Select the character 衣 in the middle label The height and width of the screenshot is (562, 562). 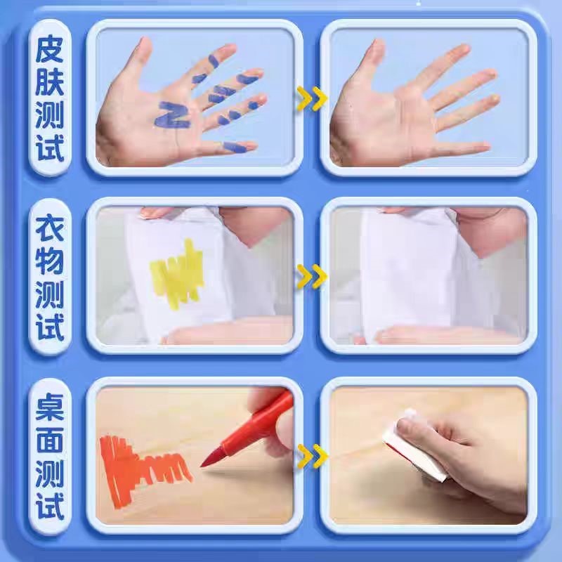pos(50,228)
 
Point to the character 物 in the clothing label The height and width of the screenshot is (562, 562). pos(50,261)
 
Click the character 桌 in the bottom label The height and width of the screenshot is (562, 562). pos(50,407)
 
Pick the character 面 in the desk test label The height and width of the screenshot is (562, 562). pos(50,440)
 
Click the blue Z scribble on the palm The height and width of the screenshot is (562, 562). pos(172,115)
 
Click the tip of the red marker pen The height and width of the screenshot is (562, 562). pos(202,466)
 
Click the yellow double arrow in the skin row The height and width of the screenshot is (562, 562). pos(312,98)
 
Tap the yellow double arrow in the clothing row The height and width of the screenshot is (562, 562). pos(312,276)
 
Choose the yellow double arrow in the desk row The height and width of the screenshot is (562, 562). pos(313,456)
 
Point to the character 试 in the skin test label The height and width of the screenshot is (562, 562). pos(50,148)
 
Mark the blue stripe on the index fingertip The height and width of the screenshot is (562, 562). pos(214,61)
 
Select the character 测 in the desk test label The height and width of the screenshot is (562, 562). pos(50,473)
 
